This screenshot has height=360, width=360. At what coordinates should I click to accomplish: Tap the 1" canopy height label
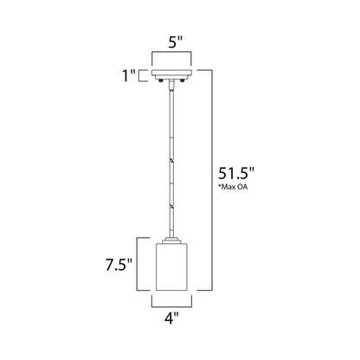click(x=129, y=76)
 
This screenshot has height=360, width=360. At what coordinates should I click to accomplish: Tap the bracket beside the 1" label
click(x=143, y=76)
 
